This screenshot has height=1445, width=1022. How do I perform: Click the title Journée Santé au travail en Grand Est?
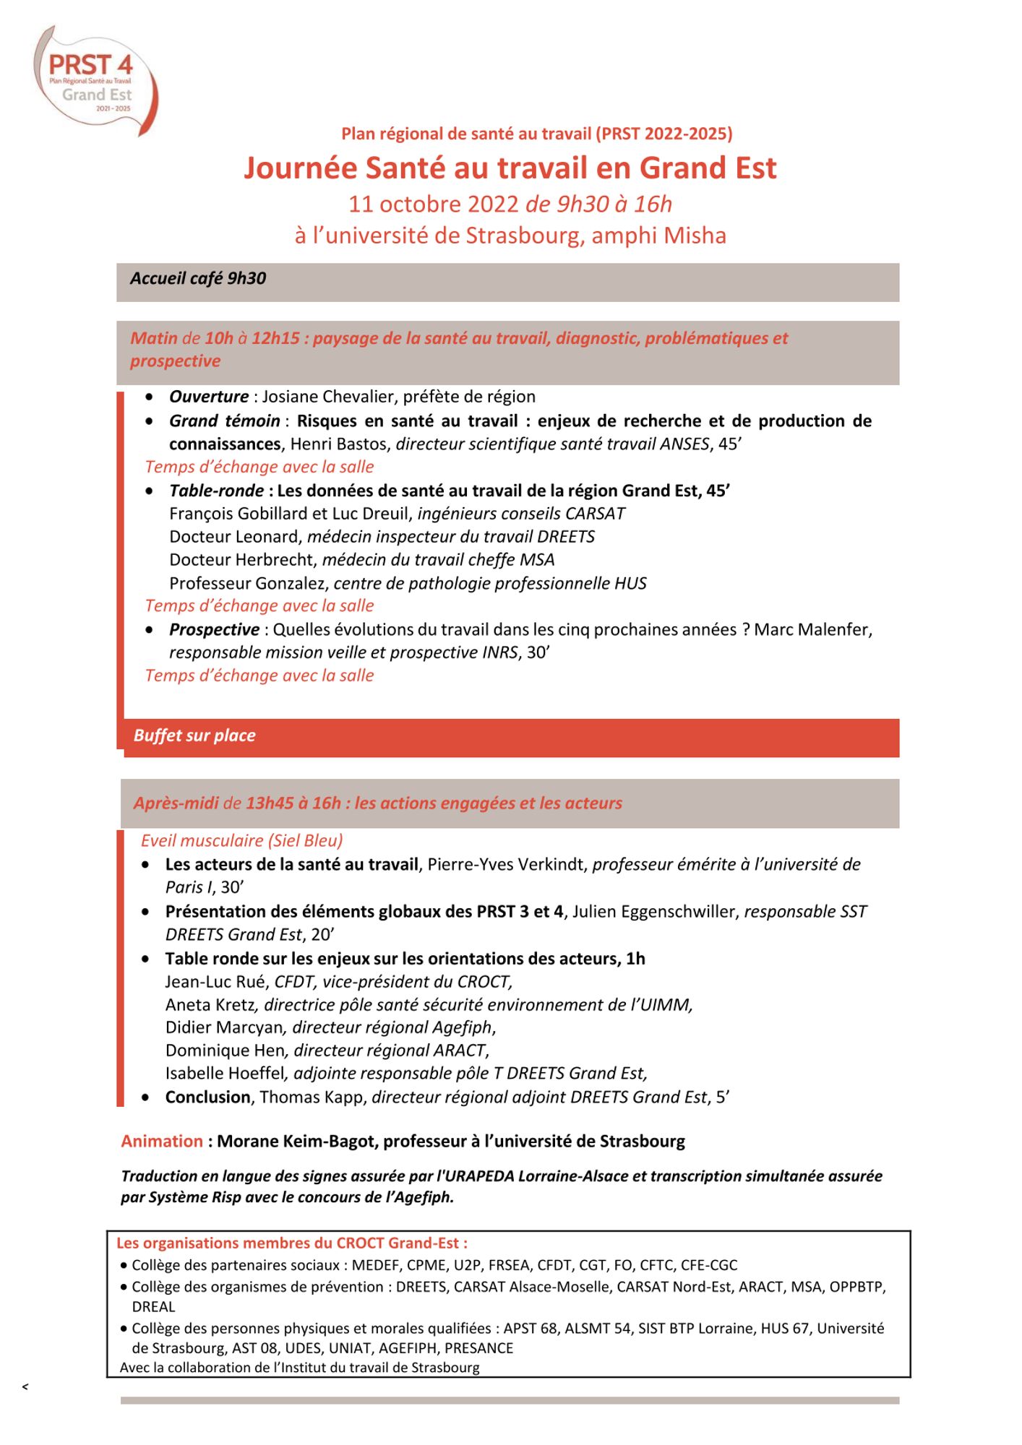coord(510,168)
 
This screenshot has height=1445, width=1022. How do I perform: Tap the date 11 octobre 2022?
coord(434,204)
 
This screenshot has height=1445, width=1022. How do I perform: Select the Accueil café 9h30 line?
coord(198,279)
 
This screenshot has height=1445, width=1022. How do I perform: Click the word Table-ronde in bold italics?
coord(216,491)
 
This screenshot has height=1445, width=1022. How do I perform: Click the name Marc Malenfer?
coord(812,630)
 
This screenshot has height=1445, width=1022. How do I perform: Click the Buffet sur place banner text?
coord(194,736)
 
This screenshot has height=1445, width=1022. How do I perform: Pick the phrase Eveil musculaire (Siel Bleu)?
coord(242,841)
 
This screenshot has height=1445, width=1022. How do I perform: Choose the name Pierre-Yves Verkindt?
coord(507,865)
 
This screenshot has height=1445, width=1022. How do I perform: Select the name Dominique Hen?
coord(225,1051)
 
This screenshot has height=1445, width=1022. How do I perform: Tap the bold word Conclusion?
coord(207,1097)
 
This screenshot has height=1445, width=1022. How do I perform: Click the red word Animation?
coord(162,1142)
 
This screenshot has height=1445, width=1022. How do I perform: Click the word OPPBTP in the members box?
coord(856,1287)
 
